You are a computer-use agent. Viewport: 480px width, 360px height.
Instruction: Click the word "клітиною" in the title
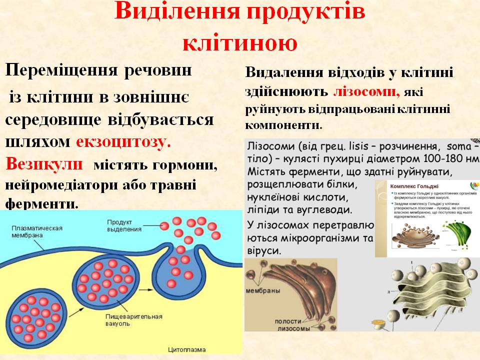click(240, 42)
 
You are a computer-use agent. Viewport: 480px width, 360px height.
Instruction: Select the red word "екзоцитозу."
click(123, 141)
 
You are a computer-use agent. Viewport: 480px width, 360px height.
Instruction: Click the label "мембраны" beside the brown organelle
click(262, 290)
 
